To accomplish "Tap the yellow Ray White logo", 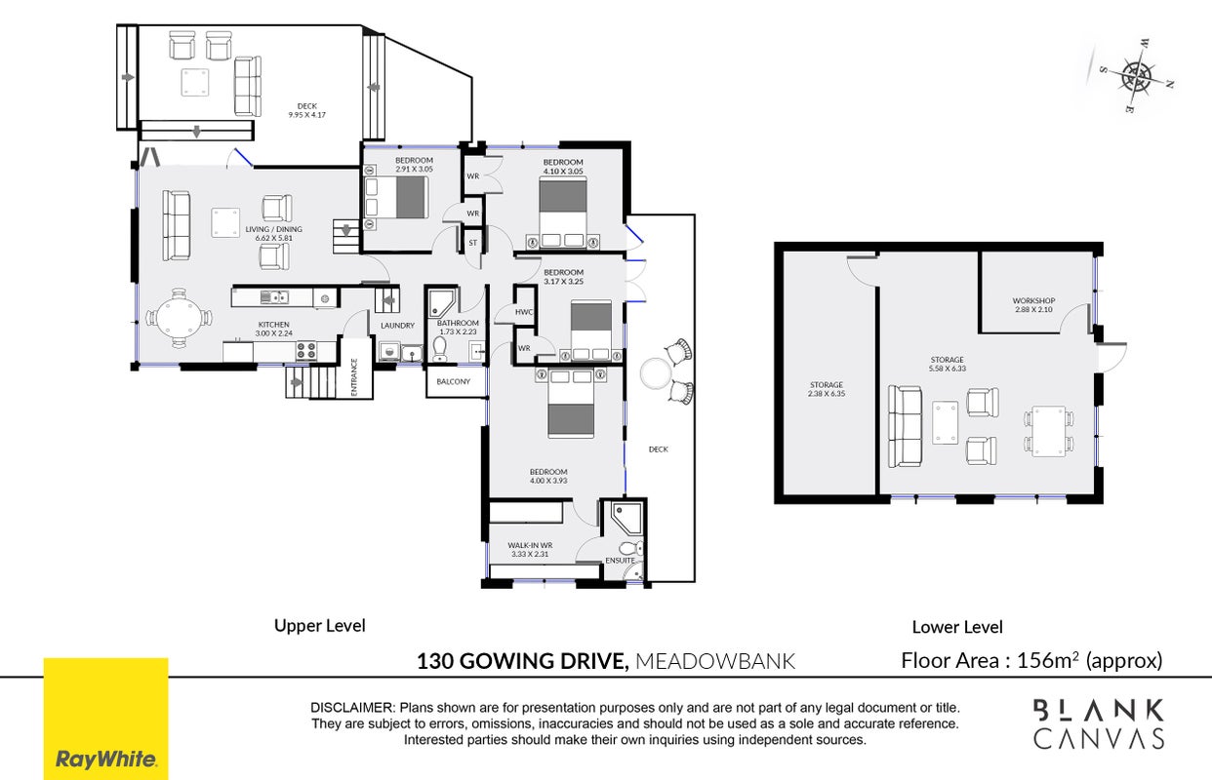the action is (106, 719).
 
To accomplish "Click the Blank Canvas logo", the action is (1099, 723).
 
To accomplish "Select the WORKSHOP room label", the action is (1033, 300).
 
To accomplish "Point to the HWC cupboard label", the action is (524, 312).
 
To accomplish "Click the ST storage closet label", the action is (473, 243).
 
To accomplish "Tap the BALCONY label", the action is (454, 381).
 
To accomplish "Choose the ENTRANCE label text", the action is (354, 377).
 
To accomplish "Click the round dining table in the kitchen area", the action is (179, 318).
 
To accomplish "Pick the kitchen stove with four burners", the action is (306, 350).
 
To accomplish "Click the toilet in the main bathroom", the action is (440, 349).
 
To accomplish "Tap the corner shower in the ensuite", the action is (627, 519).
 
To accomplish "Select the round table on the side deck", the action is (656, 373).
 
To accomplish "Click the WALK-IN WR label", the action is (530, 545).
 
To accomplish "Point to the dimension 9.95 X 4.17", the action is (306, 115).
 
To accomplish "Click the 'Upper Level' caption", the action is (320, 626).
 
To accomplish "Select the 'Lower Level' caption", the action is (957, 627).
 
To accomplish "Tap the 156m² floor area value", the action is (1048, 660).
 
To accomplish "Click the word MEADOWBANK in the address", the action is (714, 661).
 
